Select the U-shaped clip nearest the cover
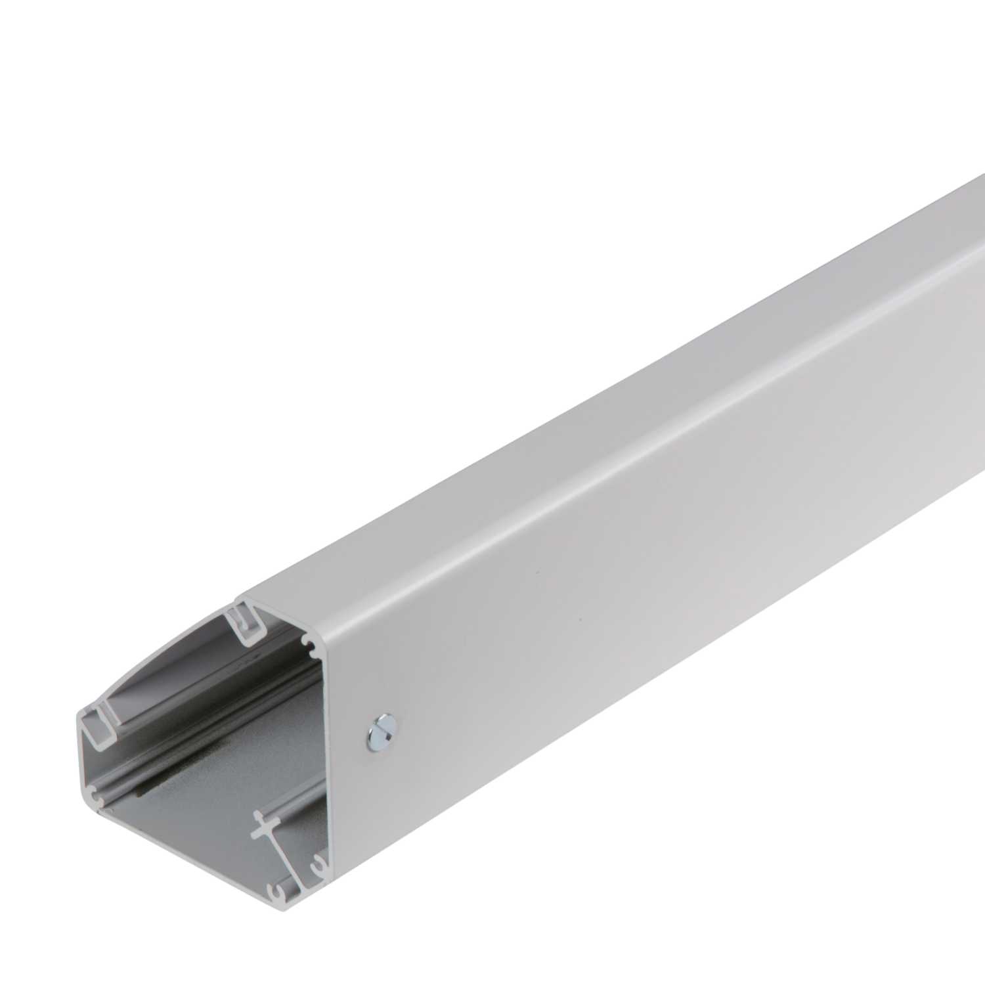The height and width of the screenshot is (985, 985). [x=244, y=623]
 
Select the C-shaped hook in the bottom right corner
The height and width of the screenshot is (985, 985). [x=319, y=866]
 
